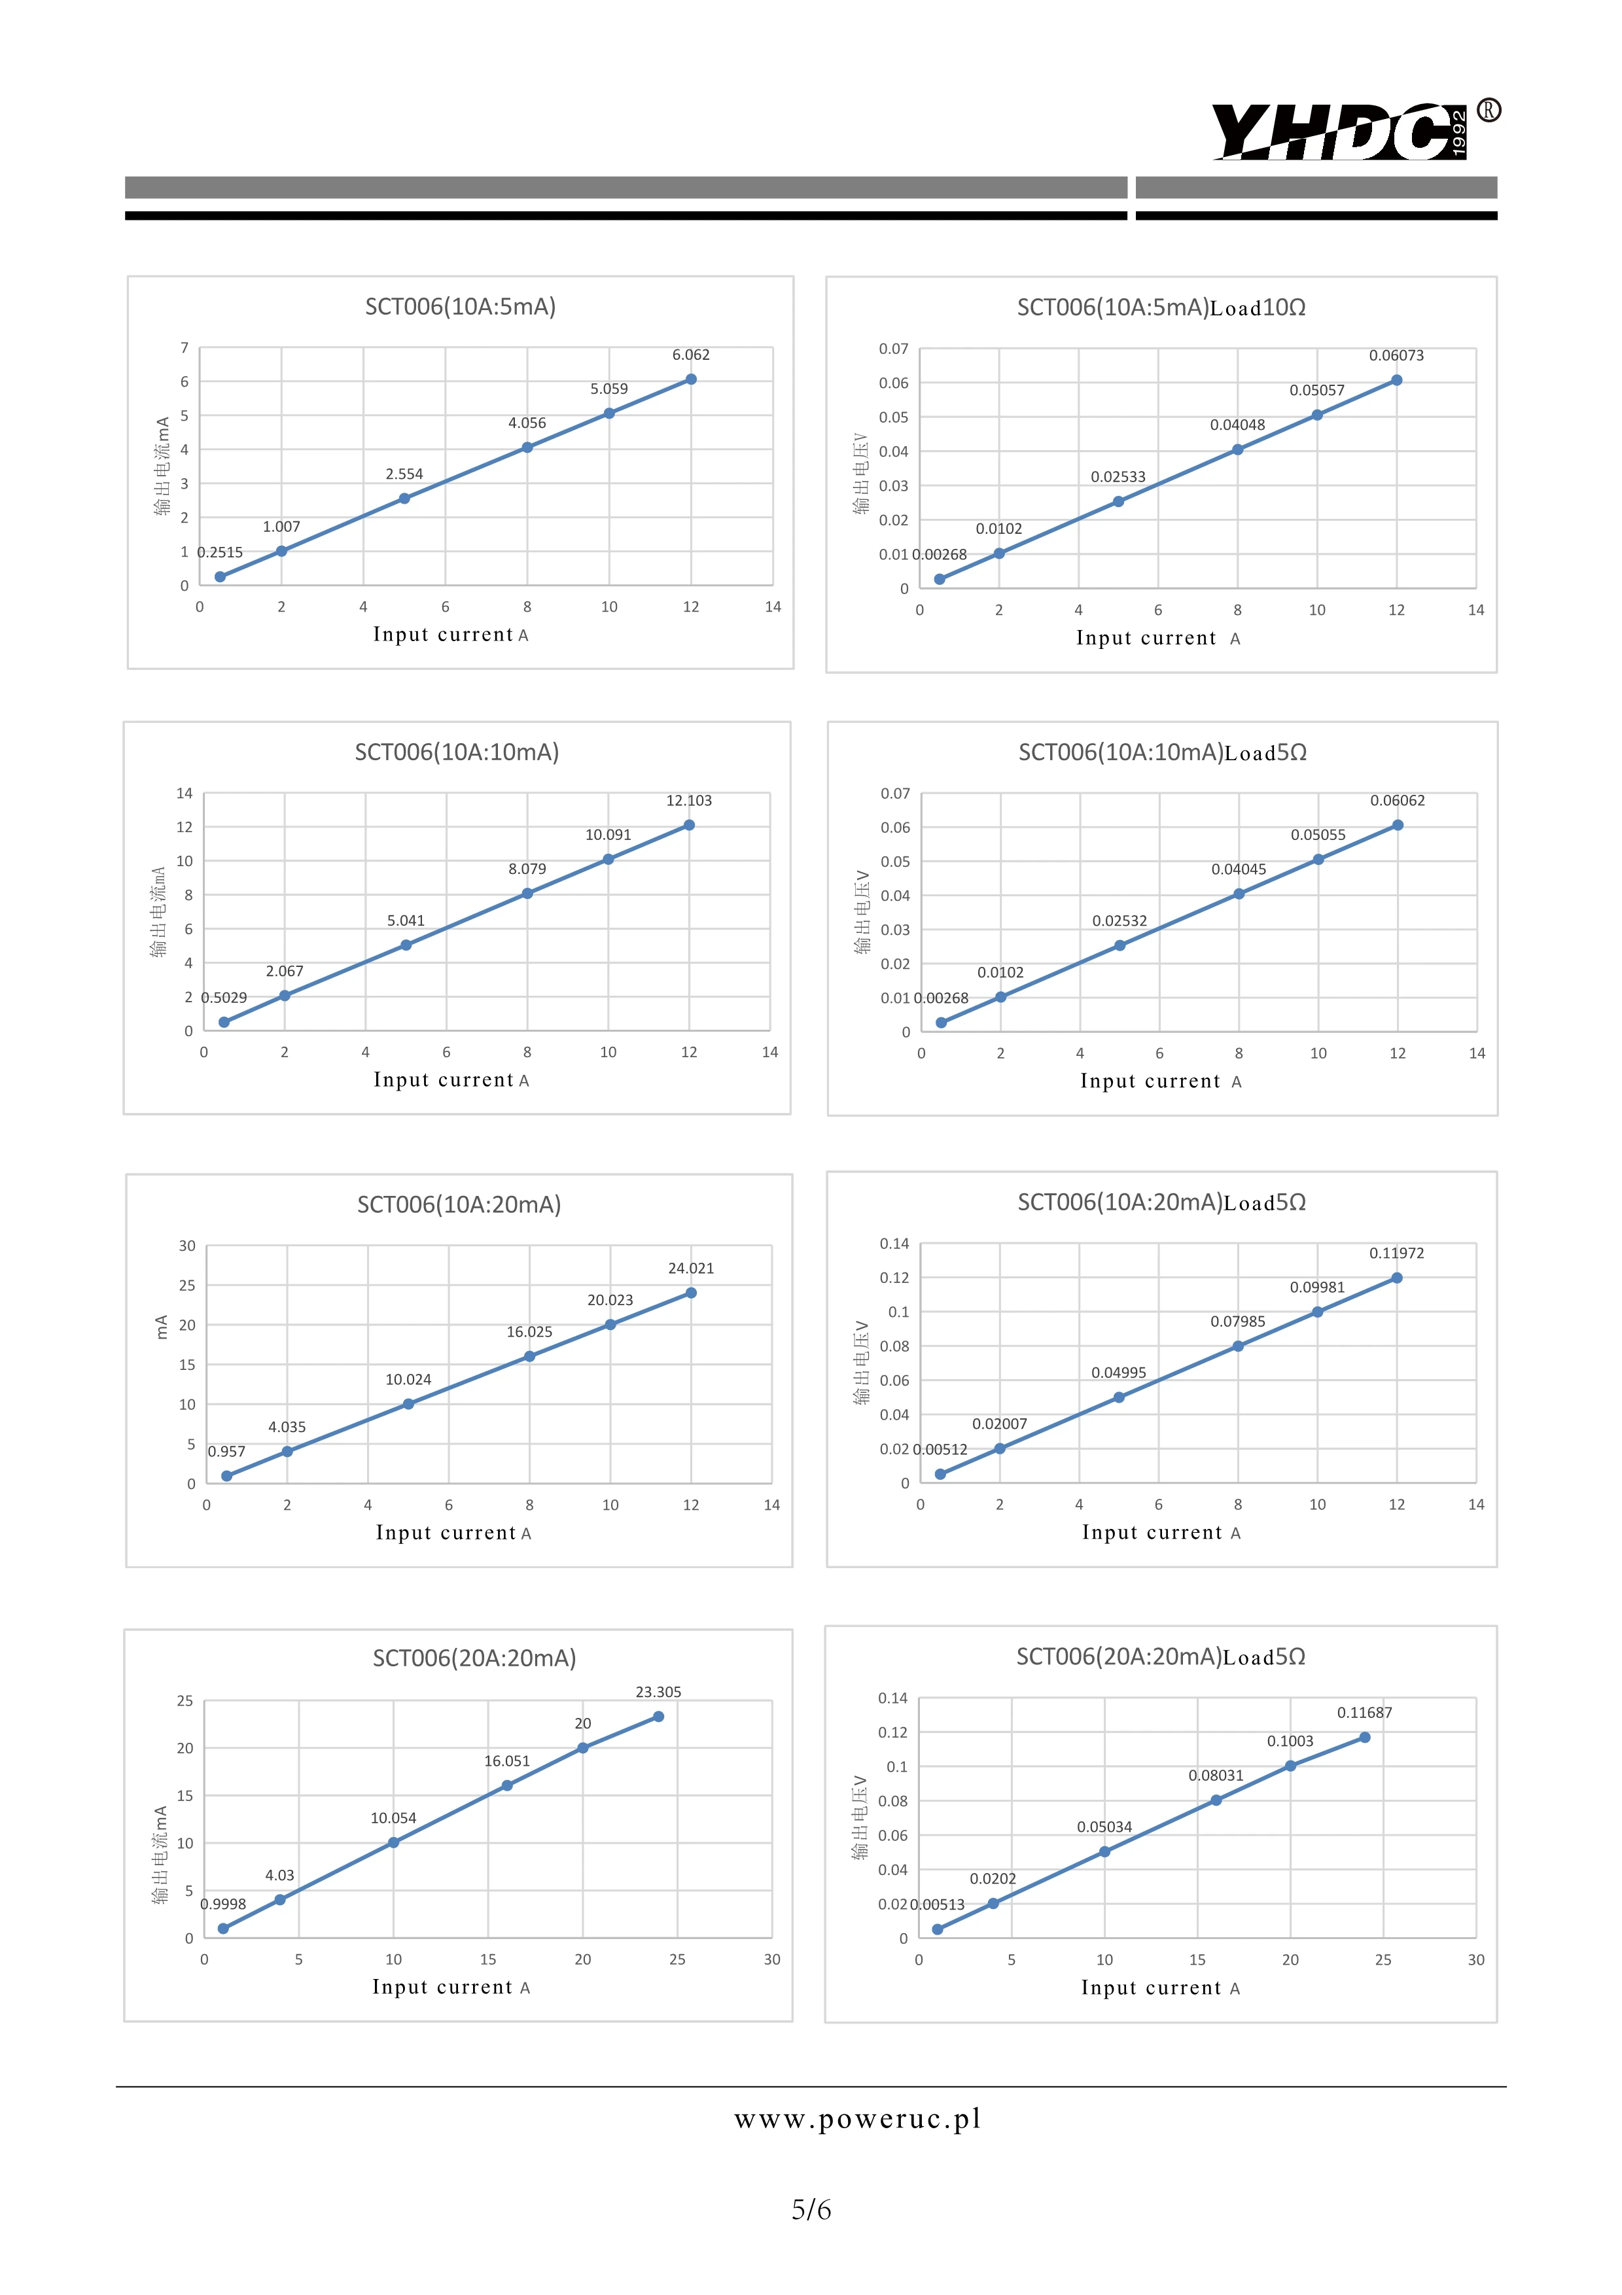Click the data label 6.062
690,355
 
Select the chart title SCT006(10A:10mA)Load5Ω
1162,752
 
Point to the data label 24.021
690,1269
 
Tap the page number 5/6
811,2209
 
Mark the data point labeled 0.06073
1396,381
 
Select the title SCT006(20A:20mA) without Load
475,1658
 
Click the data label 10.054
393,1818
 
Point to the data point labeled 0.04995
1118,1397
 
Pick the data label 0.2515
220,553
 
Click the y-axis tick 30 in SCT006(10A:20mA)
187,1246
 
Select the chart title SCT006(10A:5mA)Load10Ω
1161,308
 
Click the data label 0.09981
1317,1288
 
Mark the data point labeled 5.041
406,945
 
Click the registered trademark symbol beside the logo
1488,110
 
